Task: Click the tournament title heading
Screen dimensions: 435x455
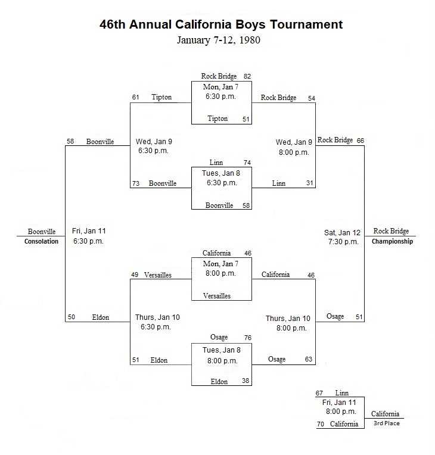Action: [x=221, y=24]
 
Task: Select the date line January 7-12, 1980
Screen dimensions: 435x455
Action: [x=219, y=40]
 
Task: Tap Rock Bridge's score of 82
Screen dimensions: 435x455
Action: [x=247, y=76]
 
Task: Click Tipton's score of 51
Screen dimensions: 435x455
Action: [x=246, y=119]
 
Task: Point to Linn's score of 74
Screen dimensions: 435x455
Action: [x=247, y=163]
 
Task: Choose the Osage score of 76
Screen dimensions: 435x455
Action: [x=248, y=338]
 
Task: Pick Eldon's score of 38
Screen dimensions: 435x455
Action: [x=246, y=381]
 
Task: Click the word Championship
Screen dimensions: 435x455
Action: [x=392, y=241]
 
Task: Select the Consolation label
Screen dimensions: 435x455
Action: [x=41, y=241]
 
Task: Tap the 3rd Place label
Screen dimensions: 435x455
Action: [x=387, y=423]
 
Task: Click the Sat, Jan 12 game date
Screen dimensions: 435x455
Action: [x=342, y=233]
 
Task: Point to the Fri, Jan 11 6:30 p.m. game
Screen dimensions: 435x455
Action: [x=89, y=236]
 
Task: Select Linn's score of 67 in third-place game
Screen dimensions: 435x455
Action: [x=319, y=393]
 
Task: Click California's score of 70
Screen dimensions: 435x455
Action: [x=321, y=424]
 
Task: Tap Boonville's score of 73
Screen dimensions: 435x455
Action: [x=136, y=183]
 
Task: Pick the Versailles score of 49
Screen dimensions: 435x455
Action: [x=135, y=275]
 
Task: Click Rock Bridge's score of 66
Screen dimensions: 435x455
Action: [x=361, y=141]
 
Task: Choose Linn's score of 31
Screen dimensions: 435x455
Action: [x=309, y=183]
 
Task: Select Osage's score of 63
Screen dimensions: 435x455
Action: [x=309, y=359]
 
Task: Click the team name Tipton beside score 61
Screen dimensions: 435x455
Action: [x=161, y=97]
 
